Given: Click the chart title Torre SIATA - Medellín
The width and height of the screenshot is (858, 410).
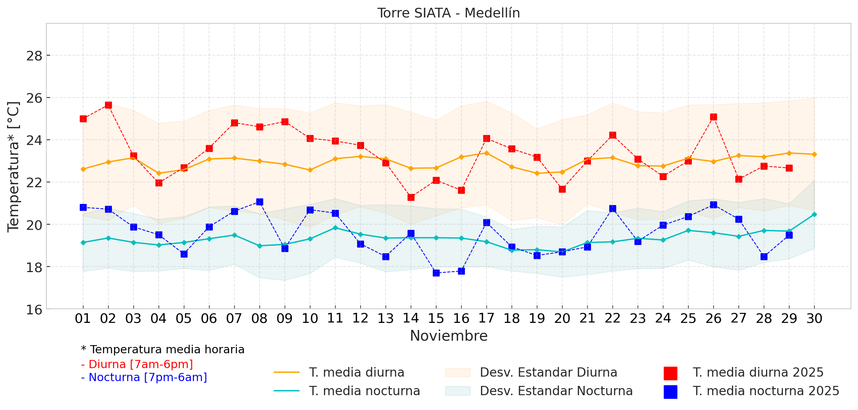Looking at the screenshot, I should click(x=448, y=13).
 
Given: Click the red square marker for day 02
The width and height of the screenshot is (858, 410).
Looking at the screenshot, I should click(x=108, y=105).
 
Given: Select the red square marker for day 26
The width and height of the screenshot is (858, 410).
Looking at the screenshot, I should click(x=713, y=117).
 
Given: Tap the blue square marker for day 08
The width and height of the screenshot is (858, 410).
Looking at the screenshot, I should click(x=260, y=202).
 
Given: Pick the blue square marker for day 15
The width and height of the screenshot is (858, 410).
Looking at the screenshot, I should click(x=436, y=273).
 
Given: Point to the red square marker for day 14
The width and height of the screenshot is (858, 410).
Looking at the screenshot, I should click(x=411, y=197).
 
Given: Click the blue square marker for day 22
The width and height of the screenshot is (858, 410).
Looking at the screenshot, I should click(x=613, y=209).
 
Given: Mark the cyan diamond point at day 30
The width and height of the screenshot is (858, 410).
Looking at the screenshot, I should click(x=814, y=214).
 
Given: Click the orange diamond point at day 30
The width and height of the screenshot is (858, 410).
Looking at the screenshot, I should click(x=814, y=154).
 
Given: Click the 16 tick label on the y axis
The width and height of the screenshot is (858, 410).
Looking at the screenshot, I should click(x=34, y=310).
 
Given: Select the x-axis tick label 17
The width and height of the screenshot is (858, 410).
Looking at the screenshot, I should click(x=486, y=318).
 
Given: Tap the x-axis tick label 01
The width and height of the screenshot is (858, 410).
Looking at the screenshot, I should click(x=83, y=318).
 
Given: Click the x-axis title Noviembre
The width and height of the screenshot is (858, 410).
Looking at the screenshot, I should click(x=449, y=336).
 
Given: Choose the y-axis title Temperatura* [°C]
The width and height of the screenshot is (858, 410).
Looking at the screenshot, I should click(x=13, y=167).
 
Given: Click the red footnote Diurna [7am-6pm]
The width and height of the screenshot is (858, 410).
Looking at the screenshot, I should click(x=137, y=364).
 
